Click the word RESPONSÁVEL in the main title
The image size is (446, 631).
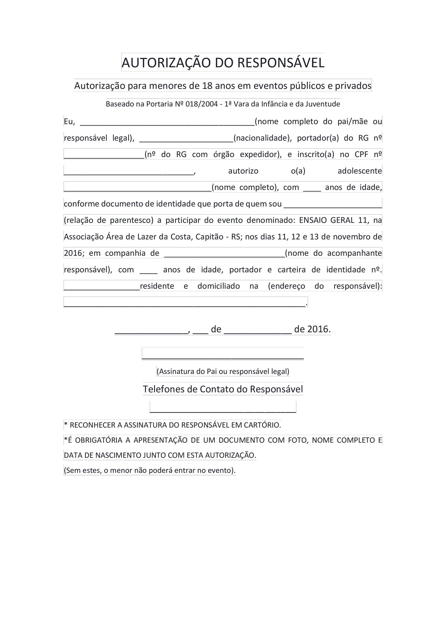(281, 63)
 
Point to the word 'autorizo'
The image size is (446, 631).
(243, 171)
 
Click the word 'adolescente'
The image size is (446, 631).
(360, 171)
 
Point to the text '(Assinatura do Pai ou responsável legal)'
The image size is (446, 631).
(223, 372)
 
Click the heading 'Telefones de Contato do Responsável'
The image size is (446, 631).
(223, 389)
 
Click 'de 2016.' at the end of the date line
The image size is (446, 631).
(312, 329)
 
